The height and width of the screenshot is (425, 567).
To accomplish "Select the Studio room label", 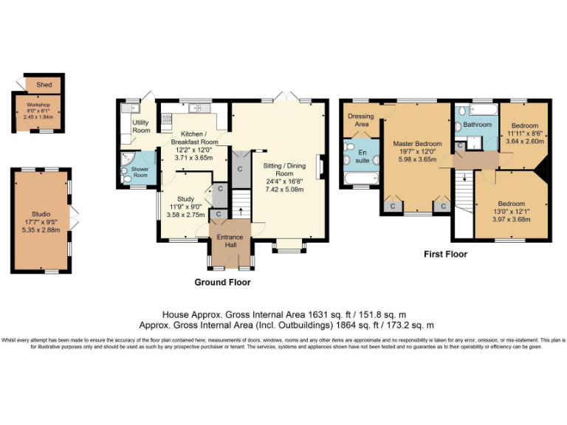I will click(41, 214).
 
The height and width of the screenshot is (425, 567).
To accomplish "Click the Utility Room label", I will click(140, 126).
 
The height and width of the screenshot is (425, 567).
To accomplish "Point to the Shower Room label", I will click(140, 172).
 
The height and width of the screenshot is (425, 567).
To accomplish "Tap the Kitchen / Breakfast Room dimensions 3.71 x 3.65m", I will click(194, 158).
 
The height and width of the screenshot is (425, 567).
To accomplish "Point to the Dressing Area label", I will click(361, 120).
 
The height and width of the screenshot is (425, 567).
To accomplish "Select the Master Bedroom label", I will click(417, 143).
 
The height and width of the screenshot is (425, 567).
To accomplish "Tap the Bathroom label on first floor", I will click(477, 125).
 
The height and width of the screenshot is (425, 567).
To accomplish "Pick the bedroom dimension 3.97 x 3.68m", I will click(510, 218).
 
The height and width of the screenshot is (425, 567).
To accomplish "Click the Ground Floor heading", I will click(221, 283).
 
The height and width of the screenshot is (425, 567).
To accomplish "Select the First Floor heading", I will click(445, 255).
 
